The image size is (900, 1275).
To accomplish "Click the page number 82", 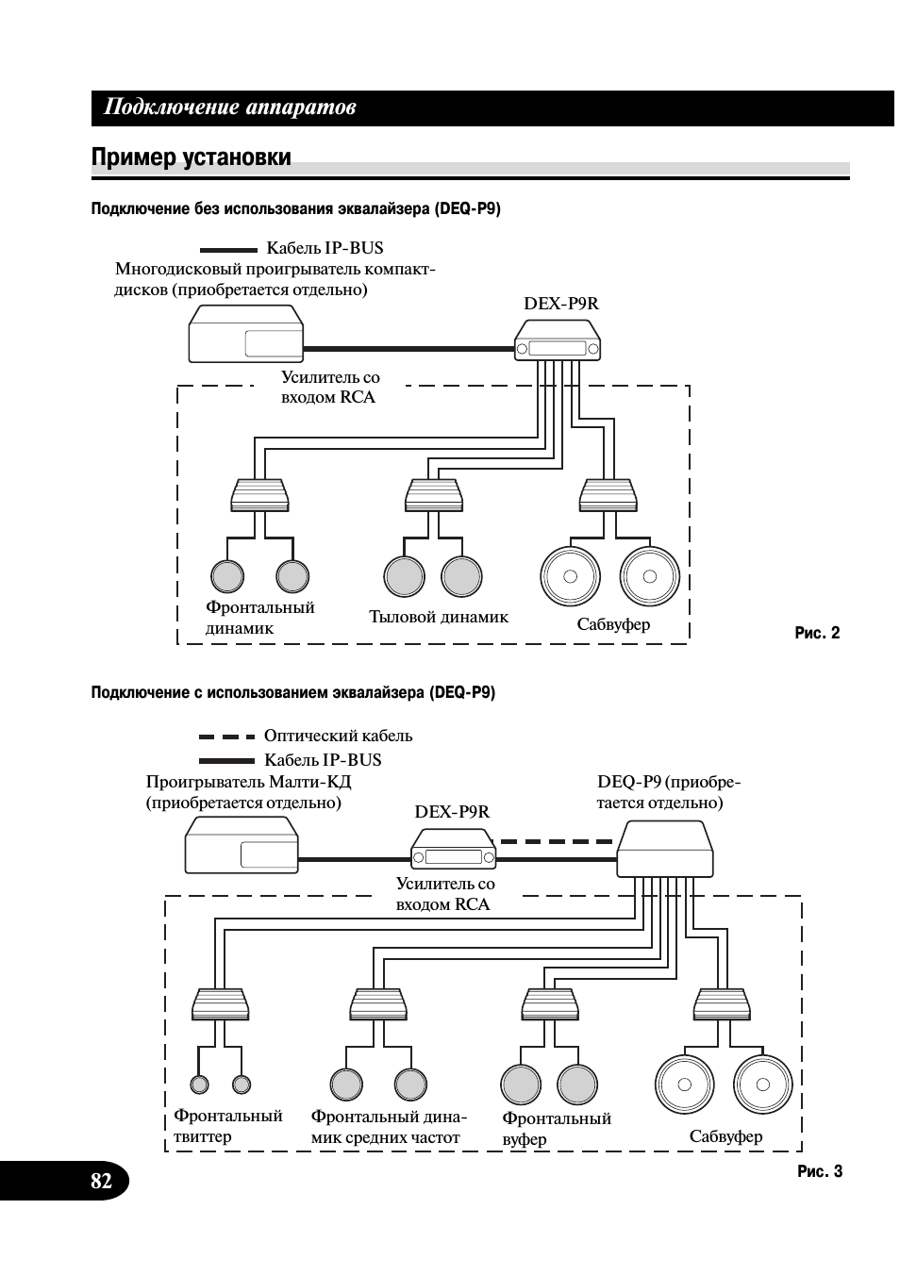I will click(101, 1181).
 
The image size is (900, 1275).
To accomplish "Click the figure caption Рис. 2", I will click(817, 633).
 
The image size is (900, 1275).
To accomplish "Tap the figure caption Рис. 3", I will click(819, 1171).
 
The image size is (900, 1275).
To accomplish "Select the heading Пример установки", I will click(191, 157).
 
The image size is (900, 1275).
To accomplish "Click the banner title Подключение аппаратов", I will click(229, 108).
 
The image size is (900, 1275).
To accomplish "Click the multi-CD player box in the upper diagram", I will click(245, 335).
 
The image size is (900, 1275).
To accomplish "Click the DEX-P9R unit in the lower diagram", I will click(454, 849).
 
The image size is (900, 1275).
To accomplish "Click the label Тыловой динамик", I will click(438, 617).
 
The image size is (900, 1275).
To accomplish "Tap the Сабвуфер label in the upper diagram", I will click(613, 624).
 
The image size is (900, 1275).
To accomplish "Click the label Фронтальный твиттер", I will click(227, 1126).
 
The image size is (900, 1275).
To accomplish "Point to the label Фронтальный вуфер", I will click(556, 1129).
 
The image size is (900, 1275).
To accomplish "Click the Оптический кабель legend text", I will click(338, 736).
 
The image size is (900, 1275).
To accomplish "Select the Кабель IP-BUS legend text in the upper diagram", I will click(325, 248).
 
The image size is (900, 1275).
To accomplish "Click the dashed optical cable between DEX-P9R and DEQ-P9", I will click(556, 840).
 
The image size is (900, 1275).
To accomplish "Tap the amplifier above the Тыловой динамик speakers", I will click(433, 495).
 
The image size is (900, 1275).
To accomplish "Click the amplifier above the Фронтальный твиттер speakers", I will click(220, 1005).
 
